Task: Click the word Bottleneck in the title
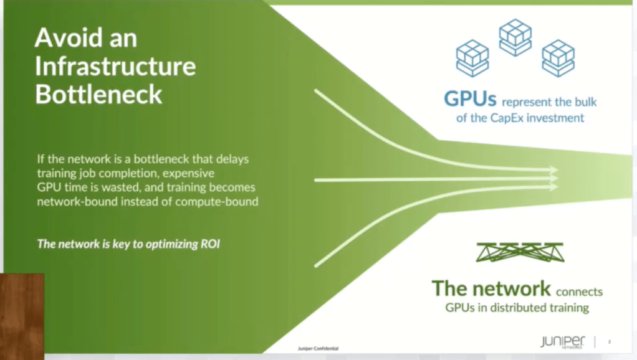(98, 94)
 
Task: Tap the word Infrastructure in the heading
(115, 66)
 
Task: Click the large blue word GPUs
(470, 100)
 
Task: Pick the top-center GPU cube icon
(514, 36)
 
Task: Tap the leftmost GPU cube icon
(472, 57)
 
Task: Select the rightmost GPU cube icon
(557, 57)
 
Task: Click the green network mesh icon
(519, 252)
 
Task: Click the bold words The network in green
(491, 288)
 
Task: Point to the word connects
(579, 291)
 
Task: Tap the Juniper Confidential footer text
(318, 349)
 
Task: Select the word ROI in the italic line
(210, 244)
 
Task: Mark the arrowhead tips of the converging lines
(555, 177)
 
